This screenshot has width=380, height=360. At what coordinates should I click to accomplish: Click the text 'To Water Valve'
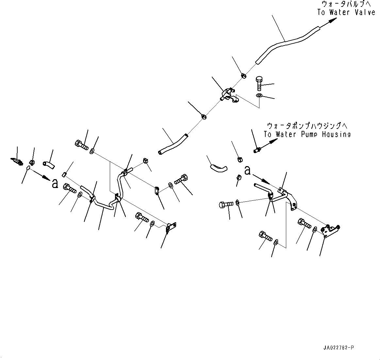pos(346,12)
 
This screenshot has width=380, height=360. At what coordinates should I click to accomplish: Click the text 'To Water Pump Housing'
pos(307,134)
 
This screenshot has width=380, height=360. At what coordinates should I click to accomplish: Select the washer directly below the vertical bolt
pos(259,96)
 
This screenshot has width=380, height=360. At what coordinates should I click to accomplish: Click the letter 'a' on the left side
pos(55,183)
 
